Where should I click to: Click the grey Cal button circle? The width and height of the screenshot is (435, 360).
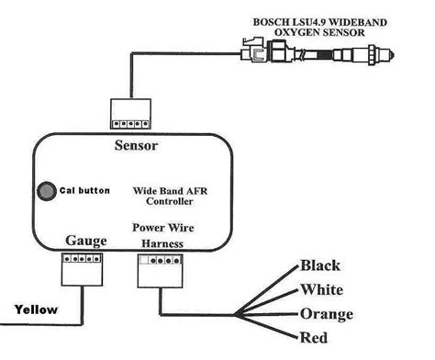44,192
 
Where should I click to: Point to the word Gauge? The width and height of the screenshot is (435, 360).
85,241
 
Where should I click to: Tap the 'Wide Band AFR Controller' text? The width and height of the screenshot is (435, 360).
162,196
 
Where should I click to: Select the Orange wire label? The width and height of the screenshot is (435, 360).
327,314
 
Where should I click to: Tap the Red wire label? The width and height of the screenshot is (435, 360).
316,337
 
